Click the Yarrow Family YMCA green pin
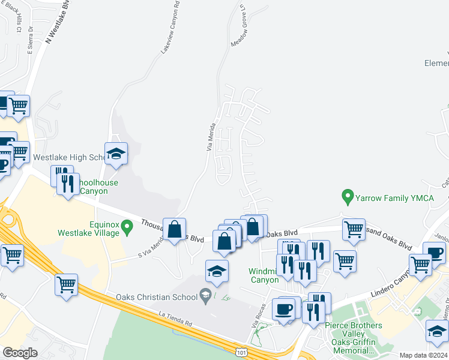tap(347, 196)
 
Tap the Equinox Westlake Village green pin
tap(126, 227)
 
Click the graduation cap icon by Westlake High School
tap(116, 154)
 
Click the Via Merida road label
tap(211, 138)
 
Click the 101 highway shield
tap(241, 349)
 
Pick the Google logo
tap(20, 352)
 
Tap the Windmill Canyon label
tap(264, 275)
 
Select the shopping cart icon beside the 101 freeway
tap(67, 284)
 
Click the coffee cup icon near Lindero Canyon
tap(434, 252)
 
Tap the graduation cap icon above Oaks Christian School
tap(216, 271)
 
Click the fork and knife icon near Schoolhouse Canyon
tap(68, 182)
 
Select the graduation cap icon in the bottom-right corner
tap(437, 331)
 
